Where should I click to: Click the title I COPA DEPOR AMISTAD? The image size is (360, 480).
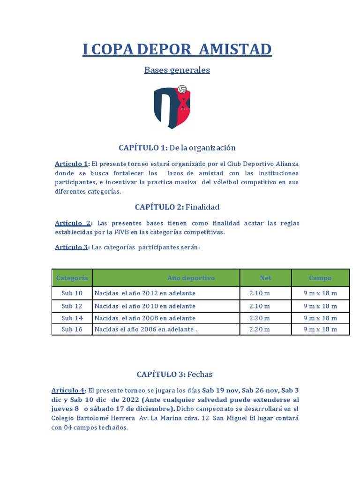click(x=177, y=49)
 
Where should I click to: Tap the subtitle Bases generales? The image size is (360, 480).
click(x=177, y=70)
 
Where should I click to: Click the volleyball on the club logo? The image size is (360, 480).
click(x=182, y=89)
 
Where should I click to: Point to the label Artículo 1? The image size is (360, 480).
click(x=71, y=164)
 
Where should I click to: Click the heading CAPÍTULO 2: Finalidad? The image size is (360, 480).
click(x=177, y=207)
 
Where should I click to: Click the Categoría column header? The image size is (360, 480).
click(x=72, y=278)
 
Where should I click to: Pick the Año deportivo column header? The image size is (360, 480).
click(x=191, y=278)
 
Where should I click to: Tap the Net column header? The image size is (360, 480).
click(x=265, y=278)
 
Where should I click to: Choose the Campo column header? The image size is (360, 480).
click(x=320, y=278)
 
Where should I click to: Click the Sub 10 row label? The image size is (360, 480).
click(x=72, y=293)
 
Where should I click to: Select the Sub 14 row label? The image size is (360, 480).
click(x=72, y=318)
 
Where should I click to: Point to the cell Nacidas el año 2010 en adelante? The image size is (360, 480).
click(x=145, y=306)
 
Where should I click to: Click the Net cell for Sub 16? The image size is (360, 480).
click(x=260, y=329)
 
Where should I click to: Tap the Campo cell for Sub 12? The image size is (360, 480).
click(x=320, y=306)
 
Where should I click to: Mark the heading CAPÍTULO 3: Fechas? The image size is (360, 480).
click(x=175, y=374)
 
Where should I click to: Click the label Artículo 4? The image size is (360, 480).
click(x=68, y=390)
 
